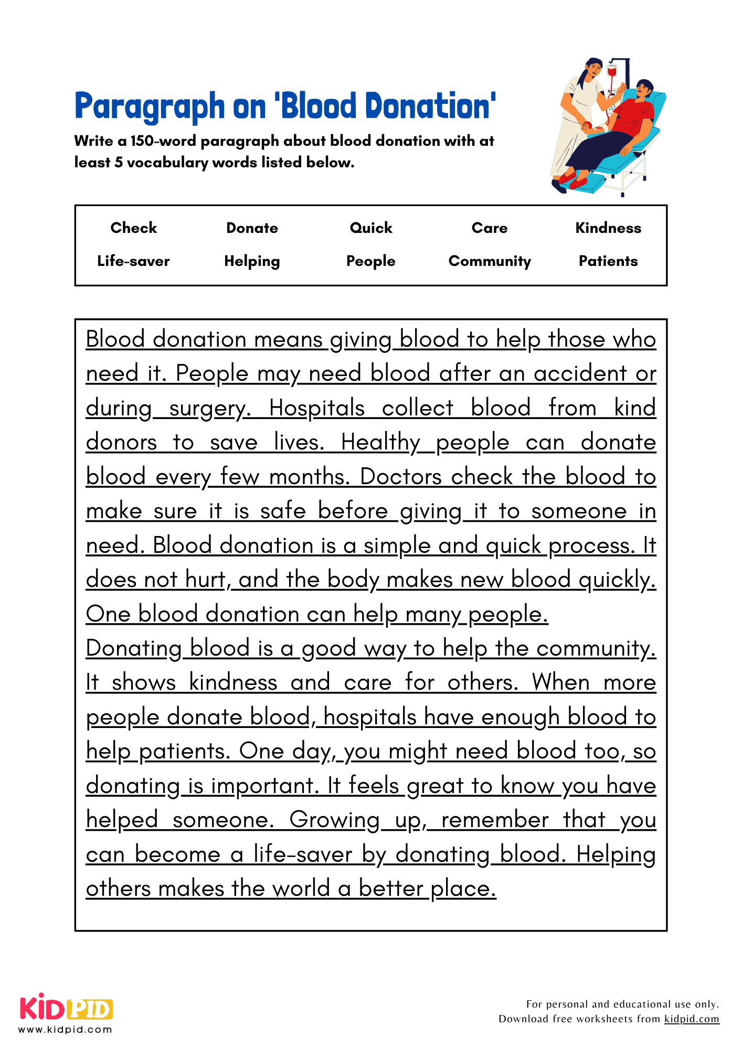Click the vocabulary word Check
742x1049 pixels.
[x=133, y=228]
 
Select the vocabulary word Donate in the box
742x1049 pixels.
[x=252, y=228]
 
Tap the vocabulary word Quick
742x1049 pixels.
[x=371, y=228]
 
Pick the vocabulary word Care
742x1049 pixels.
[x=489, y=228]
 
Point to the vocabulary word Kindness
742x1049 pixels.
[x=608, y=228]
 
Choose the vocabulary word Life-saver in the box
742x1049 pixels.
[x=133, y=261]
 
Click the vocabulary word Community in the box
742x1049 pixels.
[x=489, y=261]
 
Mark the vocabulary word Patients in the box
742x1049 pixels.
[x=608, y=261]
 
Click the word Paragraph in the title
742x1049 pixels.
[x=150, y=106]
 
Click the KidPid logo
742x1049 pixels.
[x=66, y=1008]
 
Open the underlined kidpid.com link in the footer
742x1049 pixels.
[x=692, y=1019]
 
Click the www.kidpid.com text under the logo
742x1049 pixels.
[x=65, y=1030]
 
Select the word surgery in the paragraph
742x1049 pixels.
[x=208, y=408]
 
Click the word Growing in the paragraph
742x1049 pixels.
[x=334, y=820]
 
